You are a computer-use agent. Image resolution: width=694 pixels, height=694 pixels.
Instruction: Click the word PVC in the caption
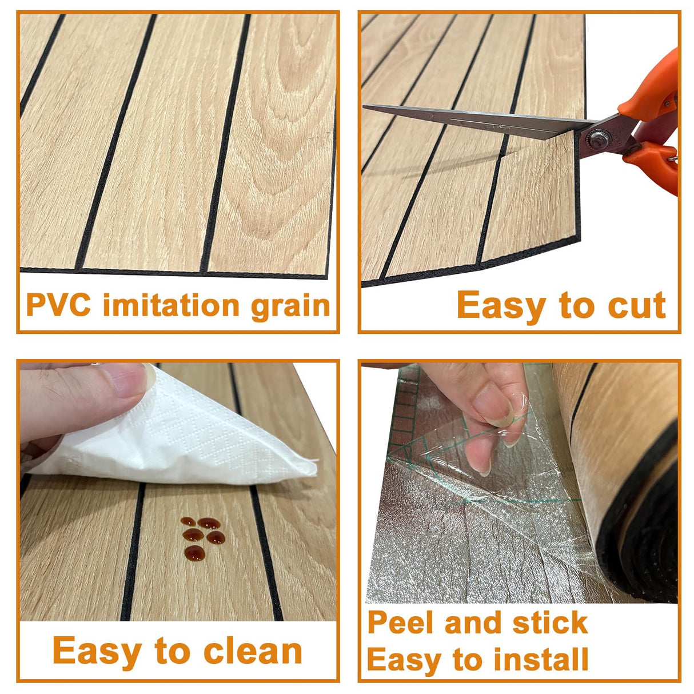[58, 305]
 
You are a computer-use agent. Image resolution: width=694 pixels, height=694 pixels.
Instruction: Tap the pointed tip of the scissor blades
[366, 107]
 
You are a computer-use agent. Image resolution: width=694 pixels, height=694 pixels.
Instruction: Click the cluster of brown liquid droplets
[201, 536]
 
